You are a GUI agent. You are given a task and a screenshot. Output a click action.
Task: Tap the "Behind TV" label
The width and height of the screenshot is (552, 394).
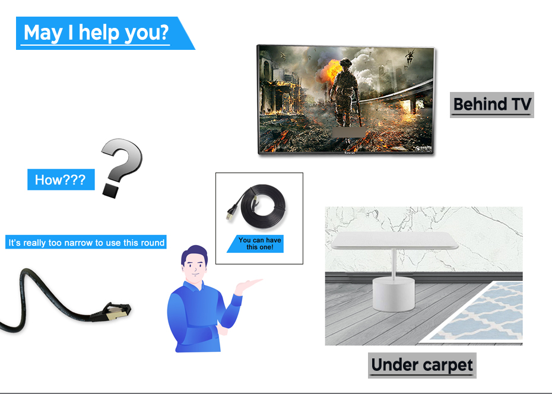click(492, 105)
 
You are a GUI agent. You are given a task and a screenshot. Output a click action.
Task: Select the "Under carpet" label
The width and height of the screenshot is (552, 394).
click(422, 365)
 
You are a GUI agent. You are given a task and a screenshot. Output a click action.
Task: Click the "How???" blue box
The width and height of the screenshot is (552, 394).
click(61, 179)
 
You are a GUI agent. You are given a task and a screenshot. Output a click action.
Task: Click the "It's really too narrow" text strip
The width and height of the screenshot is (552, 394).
click(86, 242)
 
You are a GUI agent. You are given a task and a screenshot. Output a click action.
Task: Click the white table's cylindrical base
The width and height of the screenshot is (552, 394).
click(394, 294)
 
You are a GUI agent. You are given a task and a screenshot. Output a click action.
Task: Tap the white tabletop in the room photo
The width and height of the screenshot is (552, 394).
click(395, 240)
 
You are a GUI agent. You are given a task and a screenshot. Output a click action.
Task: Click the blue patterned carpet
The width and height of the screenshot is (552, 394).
click(481, 313)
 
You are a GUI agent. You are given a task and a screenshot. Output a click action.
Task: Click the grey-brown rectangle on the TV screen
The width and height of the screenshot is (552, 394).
click(349, 132)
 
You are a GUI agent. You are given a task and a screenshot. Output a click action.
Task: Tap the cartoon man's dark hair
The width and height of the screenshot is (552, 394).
click(193, 253)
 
